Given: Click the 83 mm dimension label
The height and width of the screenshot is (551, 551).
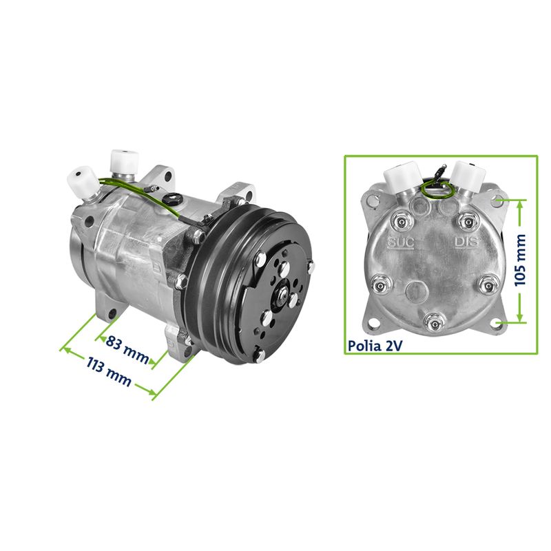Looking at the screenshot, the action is [x=127, y=349].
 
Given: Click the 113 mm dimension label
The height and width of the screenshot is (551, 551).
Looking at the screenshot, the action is [x=109, y=371].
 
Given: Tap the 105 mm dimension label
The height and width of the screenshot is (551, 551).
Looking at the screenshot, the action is [x=520, y=260].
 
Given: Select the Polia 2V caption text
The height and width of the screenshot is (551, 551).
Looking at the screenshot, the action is [x=375, y=346].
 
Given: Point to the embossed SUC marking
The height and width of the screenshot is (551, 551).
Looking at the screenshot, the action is [x=401, y=242].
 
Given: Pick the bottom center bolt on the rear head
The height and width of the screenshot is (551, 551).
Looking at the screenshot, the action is [x=435, y=323].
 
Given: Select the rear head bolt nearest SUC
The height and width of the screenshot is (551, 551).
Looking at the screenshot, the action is [x=401, y=220].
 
